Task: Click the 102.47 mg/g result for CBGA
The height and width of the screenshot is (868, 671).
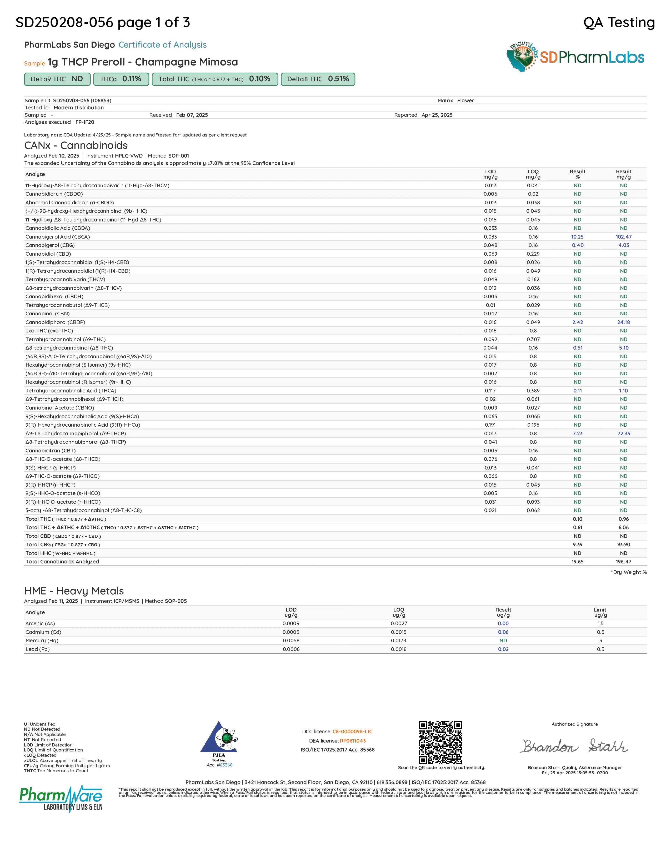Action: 623,237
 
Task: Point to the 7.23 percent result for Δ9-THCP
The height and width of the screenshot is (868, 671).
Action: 577,433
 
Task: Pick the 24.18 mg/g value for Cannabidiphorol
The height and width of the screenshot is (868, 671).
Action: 623,322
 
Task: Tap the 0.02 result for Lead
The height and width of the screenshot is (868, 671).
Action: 503,649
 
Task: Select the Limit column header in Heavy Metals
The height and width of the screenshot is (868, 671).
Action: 600,612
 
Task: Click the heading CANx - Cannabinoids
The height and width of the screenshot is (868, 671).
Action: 76,145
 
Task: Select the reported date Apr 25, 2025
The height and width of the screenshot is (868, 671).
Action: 437,115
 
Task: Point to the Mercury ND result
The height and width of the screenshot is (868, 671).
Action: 503,640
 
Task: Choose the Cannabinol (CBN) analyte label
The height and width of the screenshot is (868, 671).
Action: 47,314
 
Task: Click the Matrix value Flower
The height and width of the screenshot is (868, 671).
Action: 465,100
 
